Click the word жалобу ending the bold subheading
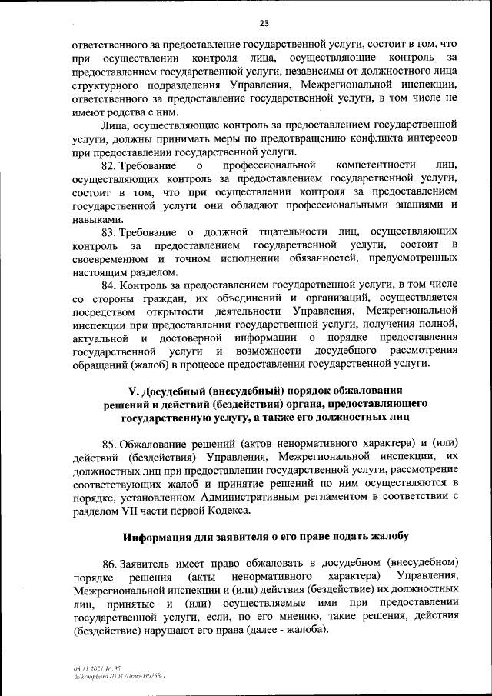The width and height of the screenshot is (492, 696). coord(388,535)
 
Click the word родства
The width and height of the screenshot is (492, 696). coord(136,112)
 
